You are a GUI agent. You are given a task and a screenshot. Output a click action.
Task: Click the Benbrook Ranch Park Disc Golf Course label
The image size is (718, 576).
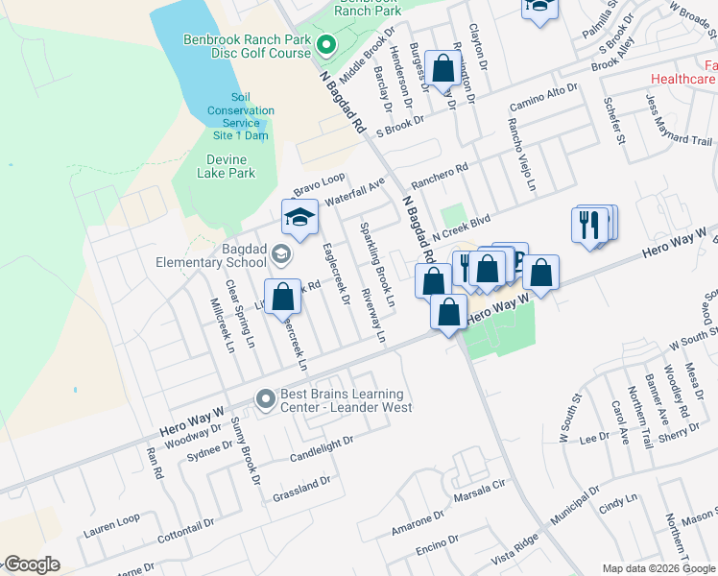point(248,46)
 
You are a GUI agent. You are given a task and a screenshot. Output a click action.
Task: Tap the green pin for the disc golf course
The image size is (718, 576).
point(325,44)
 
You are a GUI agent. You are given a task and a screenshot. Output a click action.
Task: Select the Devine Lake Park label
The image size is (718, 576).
point(226,166)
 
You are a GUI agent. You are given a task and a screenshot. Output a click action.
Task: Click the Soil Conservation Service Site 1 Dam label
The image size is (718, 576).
point(239,116)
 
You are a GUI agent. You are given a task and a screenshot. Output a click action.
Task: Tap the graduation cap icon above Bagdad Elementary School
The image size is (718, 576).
point(299,218)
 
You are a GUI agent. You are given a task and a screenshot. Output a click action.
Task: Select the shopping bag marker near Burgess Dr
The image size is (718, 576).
point(443,69)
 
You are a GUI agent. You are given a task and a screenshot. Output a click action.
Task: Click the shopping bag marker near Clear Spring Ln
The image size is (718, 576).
point(282,297)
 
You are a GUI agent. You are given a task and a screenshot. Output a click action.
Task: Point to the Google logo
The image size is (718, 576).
point(32,564)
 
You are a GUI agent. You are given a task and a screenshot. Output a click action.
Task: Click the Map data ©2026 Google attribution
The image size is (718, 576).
point(658,568)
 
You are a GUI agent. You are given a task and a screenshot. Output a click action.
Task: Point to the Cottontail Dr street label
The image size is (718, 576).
point(185,532)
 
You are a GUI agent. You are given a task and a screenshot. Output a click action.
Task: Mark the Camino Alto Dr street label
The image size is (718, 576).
point(543,97)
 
